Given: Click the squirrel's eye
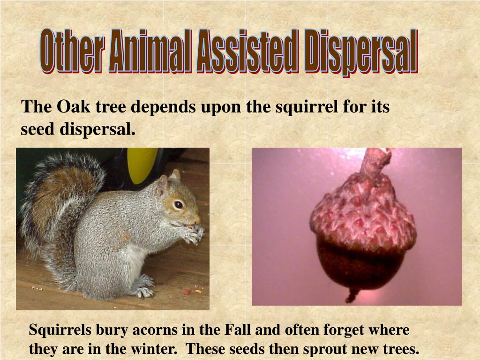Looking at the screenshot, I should coord(178,204).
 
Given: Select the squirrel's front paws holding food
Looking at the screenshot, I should coord(193,232).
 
